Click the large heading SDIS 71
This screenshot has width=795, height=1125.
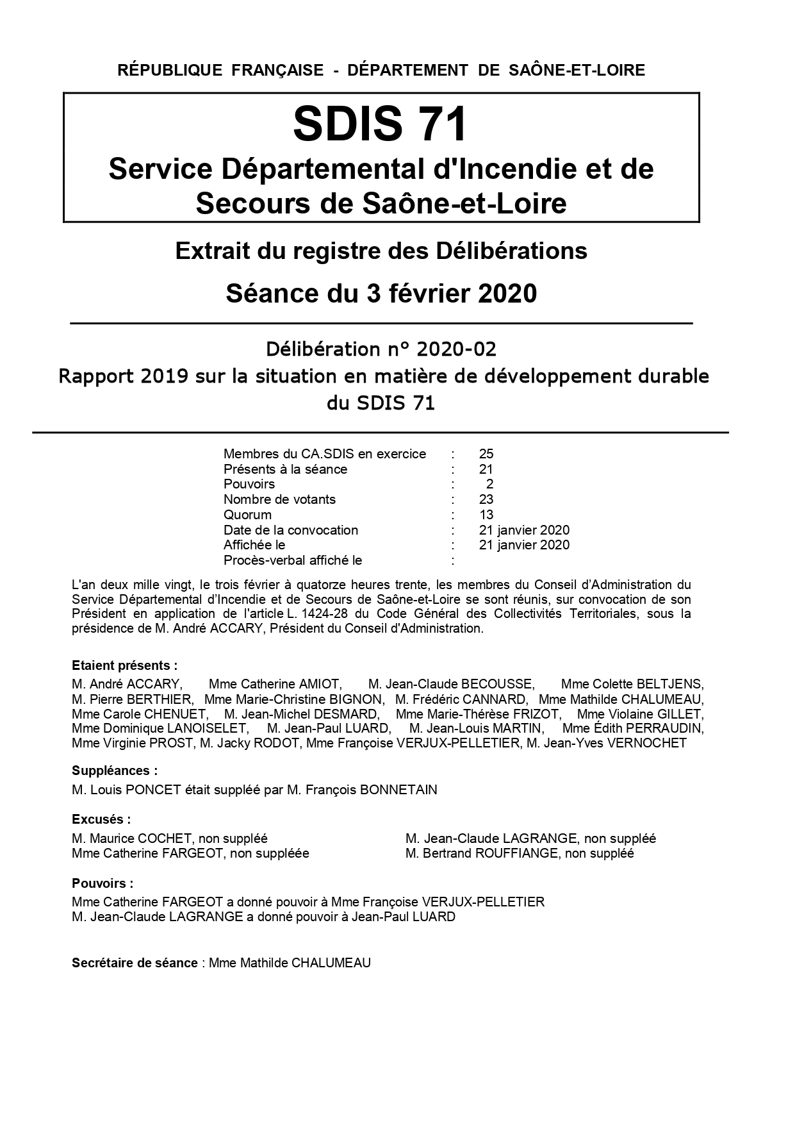[x=381, y=124]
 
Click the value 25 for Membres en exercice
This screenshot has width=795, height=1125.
[x=486, y=454]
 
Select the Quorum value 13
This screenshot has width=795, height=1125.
[x=486, y=515]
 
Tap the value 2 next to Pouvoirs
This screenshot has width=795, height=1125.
[x=489, y=484]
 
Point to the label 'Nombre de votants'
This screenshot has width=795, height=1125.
[x=279, y=499]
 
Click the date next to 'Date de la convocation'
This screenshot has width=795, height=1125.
[x=524, y=530]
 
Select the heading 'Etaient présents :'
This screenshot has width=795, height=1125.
[x=125, y=665]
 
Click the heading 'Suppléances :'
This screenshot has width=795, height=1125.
[x=115, y=771]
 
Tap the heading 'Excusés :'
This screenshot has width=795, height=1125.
[x=101, y=819]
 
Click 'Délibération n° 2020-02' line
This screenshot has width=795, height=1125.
[x=381, y=349]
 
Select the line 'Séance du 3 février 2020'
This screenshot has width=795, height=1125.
[x=381, y=294]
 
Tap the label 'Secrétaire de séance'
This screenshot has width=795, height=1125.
[x=135, y=963]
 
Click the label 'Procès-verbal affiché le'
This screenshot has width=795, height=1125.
[x=293, y=560]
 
